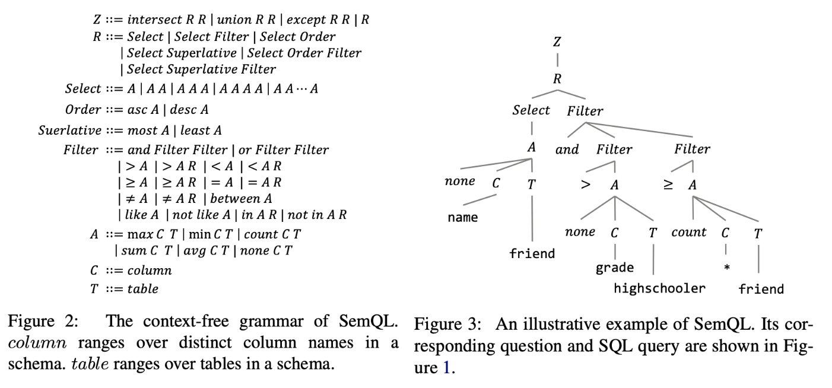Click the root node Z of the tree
click(x=557, y=42)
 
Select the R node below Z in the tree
click(x=557, y=78)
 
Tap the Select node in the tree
click(x=531, y=110)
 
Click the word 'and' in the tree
click(x=567, y=150)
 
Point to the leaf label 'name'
click(x=463, y=217)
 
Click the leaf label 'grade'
click(x=615, y=268)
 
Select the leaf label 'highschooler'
click(x=659, y=288)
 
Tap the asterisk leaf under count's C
click(x=726, y=268)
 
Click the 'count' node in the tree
click(x=689, y=233)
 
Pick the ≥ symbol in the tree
click(x=668, y=185)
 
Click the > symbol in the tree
click(x=586, y=185)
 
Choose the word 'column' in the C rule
click(x=150, y=271)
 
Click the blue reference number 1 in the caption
click(x=447, y=368)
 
